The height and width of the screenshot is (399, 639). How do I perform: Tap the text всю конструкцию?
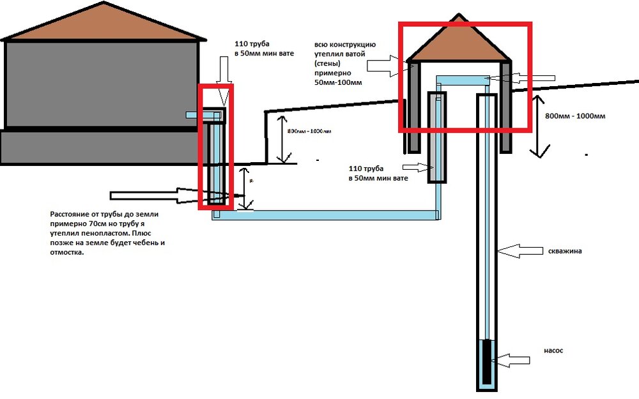coord(348,45)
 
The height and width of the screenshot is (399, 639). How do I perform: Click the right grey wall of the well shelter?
coord(506,106)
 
